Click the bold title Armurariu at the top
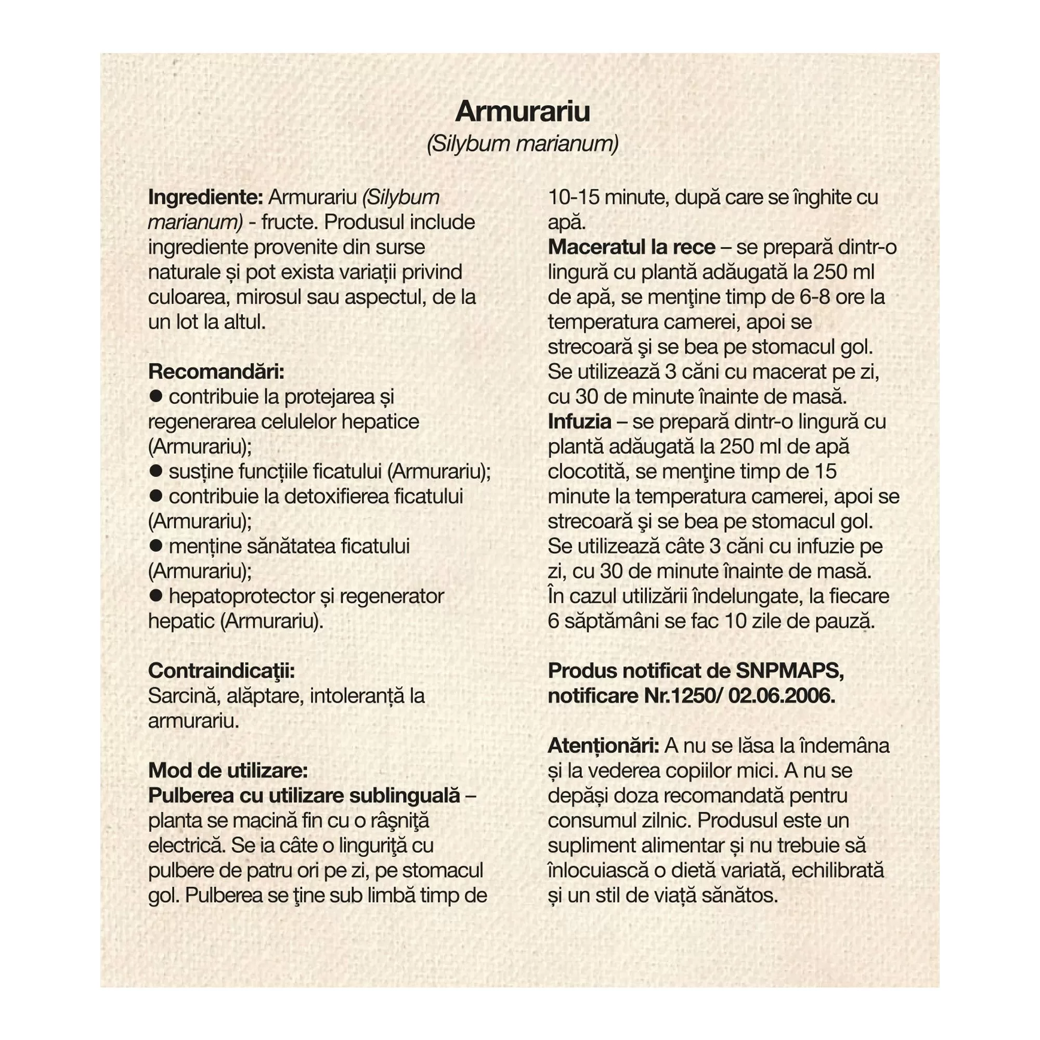pos(522,111)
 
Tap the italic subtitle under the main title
pos(522,144)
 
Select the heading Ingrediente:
pos(205,198)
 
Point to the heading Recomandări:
pos(216,371)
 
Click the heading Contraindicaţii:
pos(221,671)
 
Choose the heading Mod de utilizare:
pos(228,770)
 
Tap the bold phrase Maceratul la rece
pos(631,247)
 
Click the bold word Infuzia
pos(579,422)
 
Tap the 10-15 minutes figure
pos(575,198)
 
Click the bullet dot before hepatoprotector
pos(156,595)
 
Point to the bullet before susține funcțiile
pos(156,471)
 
